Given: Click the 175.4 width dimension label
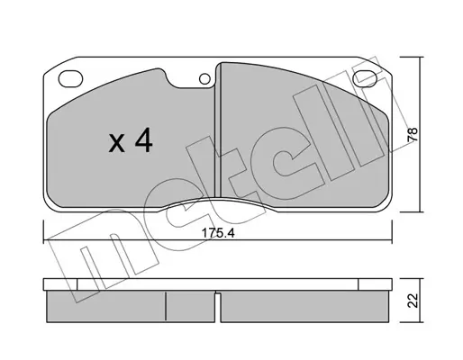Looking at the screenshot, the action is click(x=218, y=233).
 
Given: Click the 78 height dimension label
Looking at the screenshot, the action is click(x=413, y=135).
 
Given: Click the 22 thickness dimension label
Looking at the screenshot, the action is click(x=413, y=301).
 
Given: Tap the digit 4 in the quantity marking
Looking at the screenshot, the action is click(x=144, y=140).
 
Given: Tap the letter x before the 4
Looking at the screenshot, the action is click(x=117, y=143).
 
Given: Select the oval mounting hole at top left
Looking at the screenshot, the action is click(x=70, y=79).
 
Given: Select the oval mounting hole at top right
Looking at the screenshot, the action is click(x=365, y=78).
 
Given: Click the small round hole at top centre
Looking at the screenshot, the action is click(x=204, y=79).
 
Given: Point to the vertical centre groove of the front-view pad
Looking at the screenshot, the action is click(x=218, y=130).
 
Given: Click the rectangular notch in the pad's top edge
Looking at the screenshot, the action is click(x=190, y=81).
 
